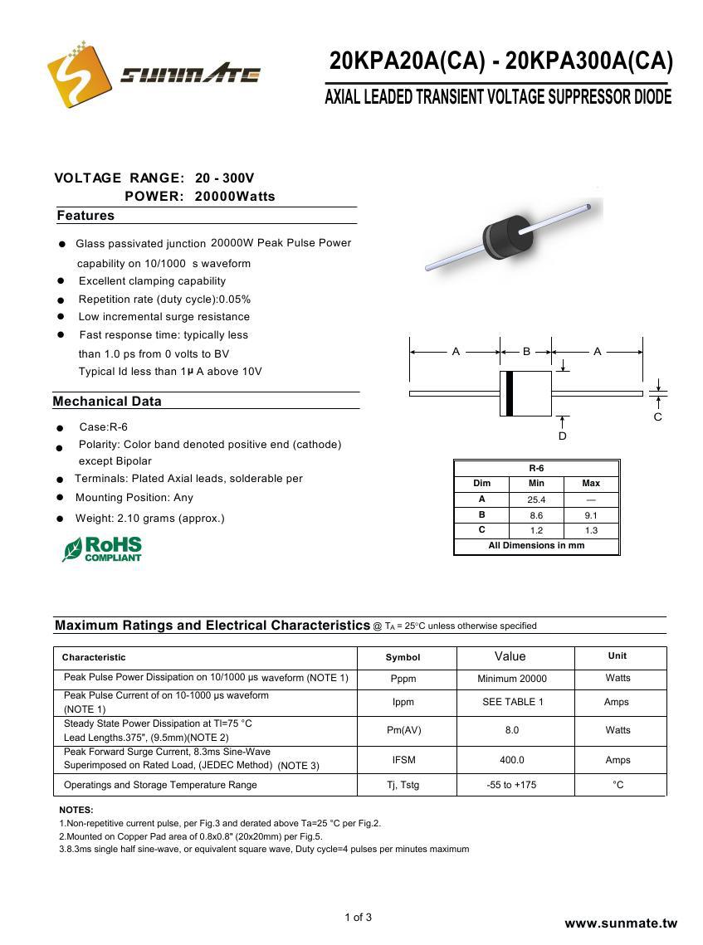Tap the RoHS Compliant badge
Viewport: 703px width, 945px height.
(x=102, y=549)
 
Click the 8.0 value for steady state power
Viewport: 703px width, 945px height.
(x=511, y=730)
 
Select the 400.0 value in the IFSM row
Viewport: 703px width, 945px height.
(x=511, y=760)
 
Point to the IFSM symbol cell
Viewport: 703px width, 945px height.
(x=403, y=760)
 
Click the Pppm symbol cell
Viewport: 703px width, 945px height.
(x=403, y=679)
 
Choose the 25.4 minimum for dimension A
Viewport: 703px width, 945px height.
(x=536, y=500)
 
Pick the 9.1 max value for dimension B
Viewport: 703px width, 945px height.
(x=591, y=515)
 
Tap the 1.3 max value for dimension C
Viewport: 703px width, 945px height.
(x=591, y=530)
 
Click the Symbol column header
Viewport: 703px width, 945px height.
(x=403, y=657)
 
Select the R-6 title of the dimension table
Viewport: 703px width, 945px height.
(x=536, y=468)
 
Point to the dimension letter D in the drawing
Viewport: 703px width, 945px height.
(x=563, y=436)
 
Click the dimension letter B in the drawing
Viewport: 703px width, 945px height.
(x=526, y=352)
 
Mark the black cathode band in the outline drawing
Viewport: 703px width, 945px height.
(x=509, y=393)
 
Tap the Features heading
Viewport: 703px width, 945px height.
(x=85, y=216)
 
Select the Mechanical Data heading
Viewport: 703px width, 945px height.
(x=107, y=402)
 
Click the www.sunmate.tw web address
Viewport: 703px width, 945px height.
(x=621, y=923)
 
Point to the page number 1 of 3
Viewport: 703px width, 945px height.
(x=359, y=917)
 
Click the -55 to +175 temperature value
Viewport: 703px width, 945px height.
(x=511, y=785)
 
